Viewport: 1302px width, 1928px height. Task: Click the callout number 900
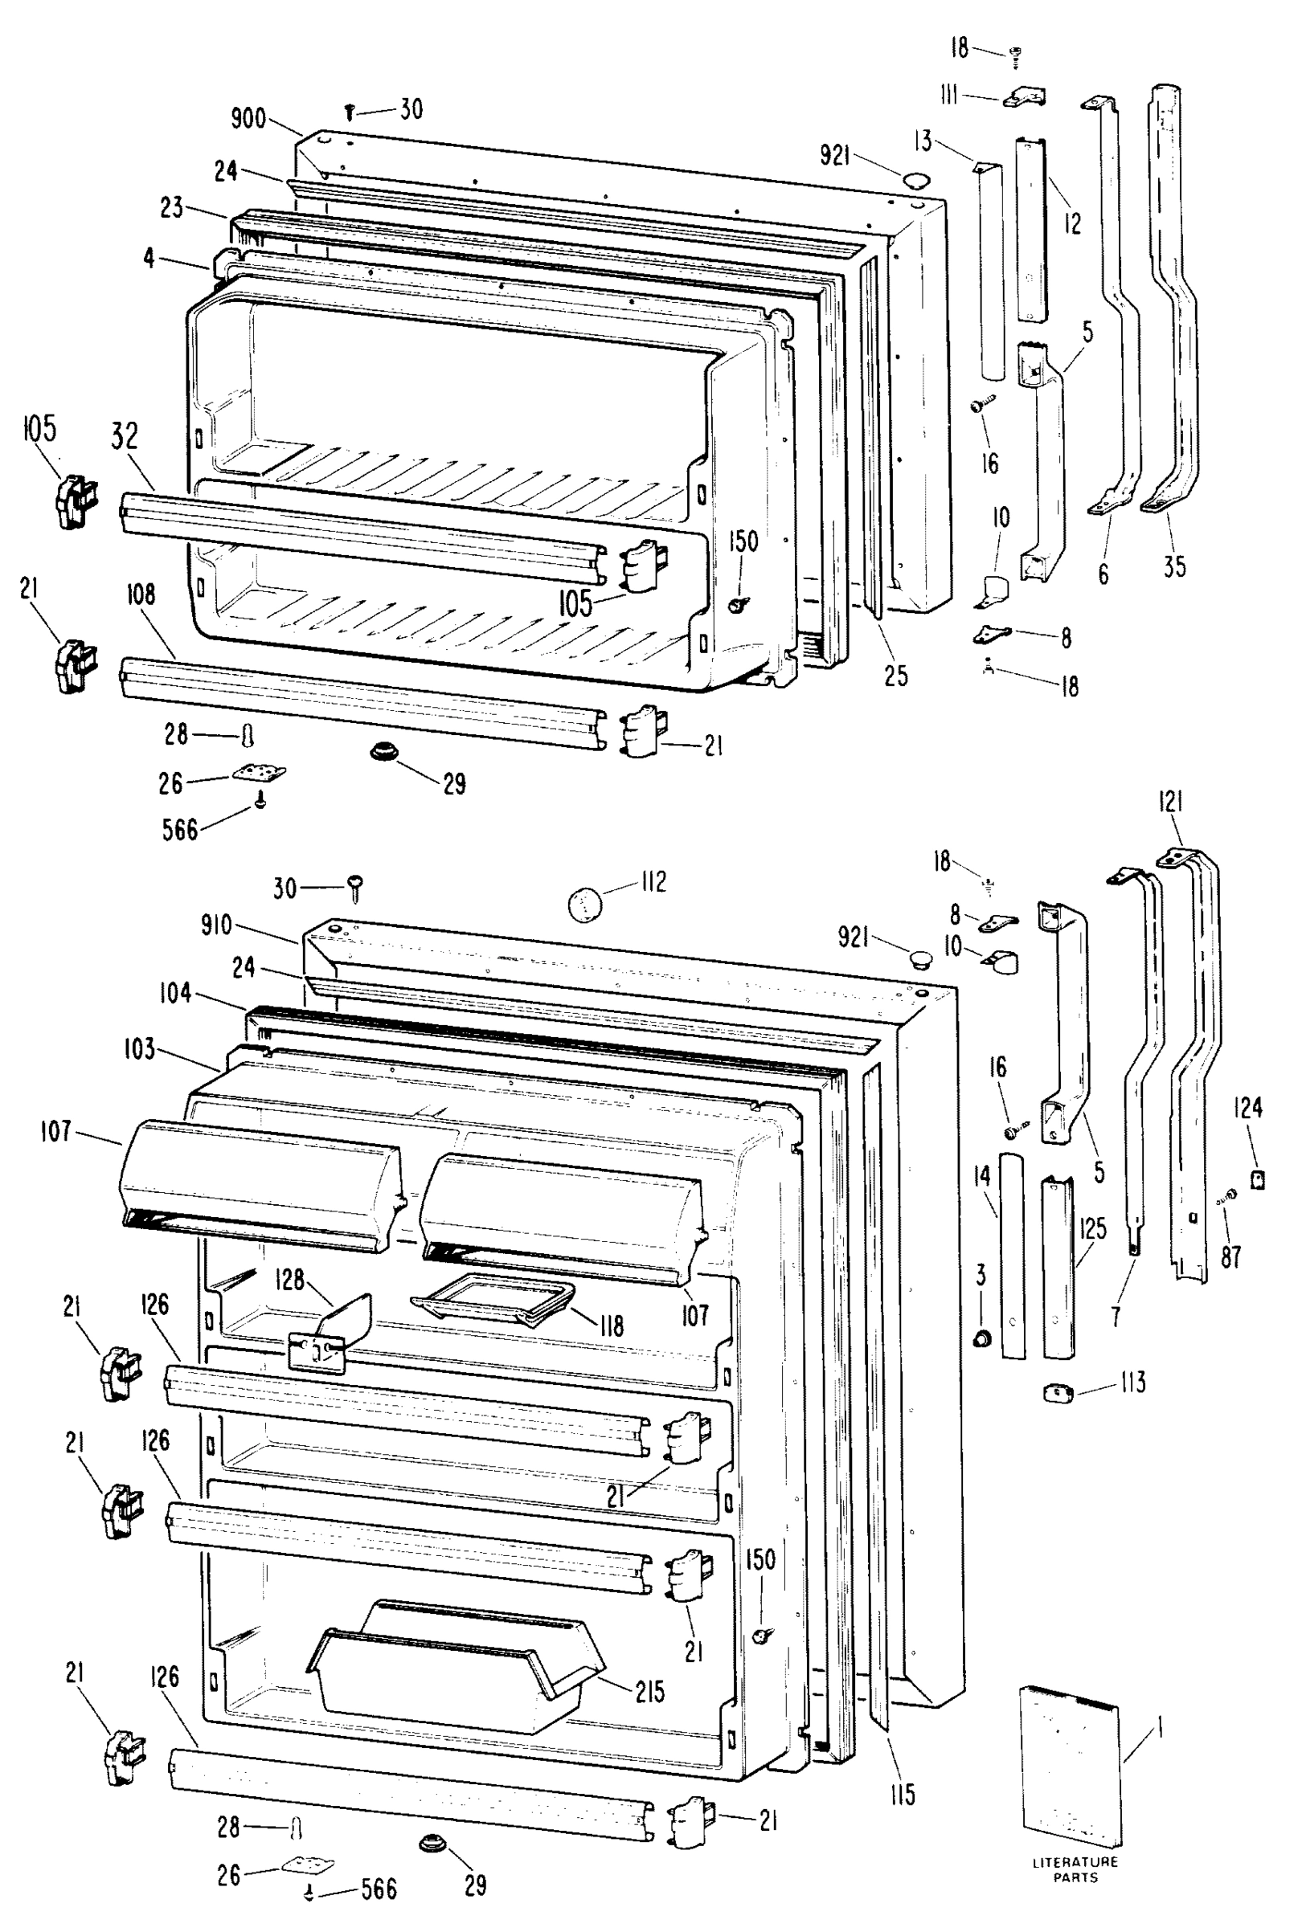click(248, 119)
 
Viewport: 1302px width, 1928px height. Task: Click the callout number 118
click(611, 1325)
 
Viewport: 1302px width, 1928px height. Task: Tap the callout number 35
click(1173, 567)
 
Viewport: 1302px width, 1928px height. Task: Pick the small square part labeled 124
click(1257, 1178)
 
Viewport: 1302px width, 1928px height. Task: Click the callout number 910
click(215, 924)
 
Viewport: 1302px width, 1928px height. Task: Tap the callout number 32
click(125, 437)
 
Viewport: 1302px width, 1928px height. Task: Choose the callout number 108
click(141, 594)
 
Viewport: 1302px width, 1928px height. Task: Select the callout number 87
click(1230, 1257)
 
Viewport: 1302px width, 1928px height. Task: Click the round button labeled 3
click(981, 1338)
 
